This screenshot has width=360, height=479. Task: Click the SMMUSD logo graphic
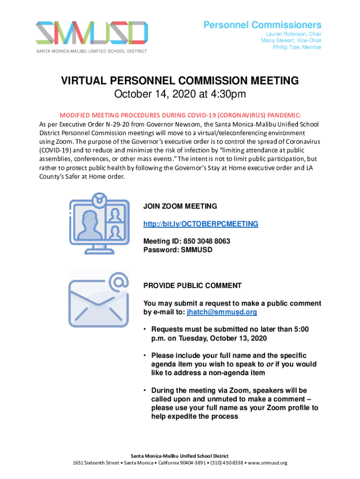click(93, 33)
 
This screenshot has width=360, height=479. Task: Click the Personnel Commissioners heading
click(262, 25)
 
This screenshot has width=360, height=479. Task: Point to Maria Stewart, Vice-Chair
click(291, 41)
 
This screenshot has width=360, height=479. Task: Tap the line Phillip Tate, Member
click(297, 47)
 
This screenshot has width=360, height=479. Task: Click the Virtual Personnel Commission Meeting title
click(180, 81)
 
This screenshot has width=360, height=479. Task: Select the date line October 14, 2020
click(180, 95)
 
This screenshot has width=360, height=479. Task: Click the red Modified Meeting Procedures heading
click(180, 115)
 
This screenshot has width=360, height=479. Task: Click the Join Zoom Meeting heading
click(180, 206)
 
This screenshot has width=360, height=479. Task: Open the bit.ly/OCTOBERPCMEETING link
click(201, 224)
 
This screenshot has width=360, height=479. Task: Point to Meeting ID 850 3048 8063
click(187, 241)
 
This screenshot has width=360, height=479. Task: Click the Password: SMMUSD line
click(178, 250)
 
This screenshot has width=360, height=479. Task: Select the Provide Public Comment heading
click(192, 285)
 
